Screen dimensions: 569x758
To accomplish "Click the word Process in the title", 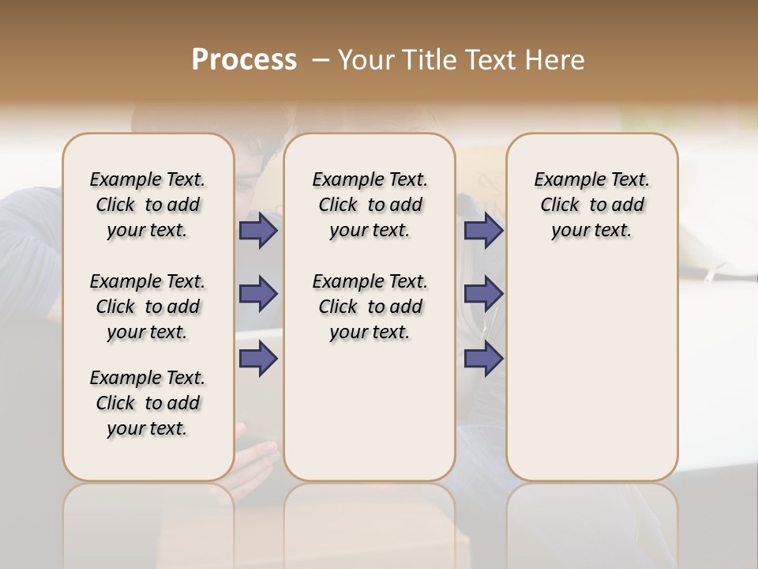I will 244,60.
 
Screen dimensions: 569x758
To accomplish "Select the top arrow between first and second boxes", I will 258,230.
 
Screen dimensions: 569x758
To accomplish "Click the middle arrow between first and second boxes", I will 258,294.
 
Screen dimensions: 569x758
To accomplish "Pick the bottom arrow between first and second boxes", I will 258,359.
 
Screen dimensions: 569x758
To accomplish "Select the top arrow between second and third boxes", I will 483,230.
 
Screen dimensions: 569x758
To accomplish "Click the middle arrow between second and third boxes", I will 483,294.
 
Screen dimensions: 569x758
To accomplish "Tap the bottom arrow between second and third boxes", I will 483,359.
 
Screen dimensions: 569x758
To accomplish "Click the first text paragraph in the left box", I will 148,205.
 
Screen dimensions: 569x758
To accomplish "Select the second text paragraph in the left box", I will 148,307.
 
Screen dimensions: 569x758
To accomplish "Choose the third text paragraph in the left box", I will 148,403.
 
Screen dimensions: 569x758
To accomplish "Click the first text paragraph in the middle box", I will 370,205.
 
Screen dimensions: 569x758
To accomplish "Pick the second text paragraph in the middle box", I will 370,307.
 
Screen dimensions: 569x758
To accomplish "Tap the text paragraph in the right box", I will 592,205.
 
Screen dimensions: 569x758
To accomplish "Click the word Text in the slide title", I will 490,60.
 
